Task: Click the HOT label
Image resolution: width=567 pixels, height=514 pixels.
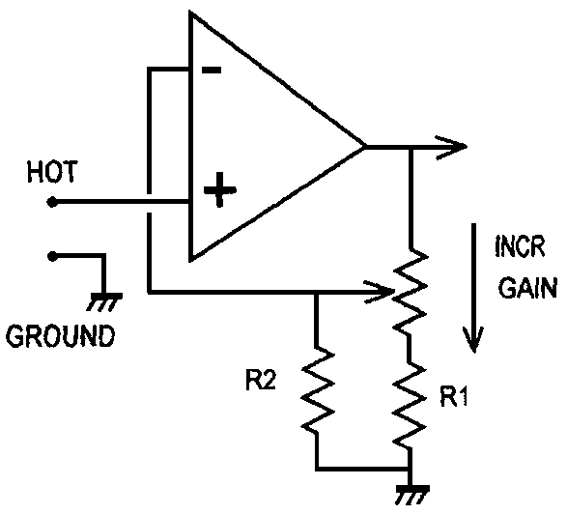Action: click(52, 172)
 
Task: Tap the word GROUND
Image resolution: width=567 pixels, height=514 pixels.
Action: click(61, 336)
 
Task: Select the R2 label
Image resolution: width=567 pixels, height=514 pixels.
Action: click(261, 381)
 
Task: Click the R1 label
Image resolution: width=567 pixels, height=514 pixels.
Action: click(454, 397)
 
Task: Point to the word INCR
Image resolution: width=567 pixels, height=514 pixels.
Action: click(520, 246)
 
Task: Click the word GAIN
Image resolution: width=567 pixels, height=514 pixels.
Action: click(528, 288)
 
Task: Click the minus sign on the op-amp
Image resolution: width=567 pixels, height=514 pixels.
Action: click(212, 71)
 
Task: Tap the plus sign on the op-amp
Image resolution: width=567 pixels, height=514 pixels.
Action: click(220, 190)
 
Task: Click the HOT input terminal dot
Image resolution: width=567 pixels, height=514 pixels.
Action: click(52, 202)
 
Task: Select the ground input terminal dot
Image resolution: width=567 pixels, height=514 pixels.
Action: click(52, 256)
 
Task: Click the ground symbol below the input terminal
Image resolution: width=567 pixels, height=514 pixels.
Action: click(104, 301)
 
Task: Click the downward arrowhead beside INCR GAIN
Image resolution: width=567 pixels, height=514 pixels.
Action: click(473, 339)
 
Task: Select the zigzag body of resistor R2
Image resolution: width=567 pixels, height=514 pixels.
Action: click(318, 388)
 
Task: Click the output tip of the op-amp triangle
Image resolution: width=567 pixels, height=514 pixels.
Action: click(364, 147)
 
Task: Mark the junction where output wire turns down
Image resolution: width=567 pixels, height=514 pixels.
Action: click(411, 147)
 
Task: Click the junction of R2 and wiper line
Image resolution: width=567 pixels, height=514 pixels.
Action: click(317, 292)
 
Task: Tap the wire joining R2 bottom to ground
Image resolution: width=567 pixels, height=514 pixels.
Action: click(362, 469)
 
